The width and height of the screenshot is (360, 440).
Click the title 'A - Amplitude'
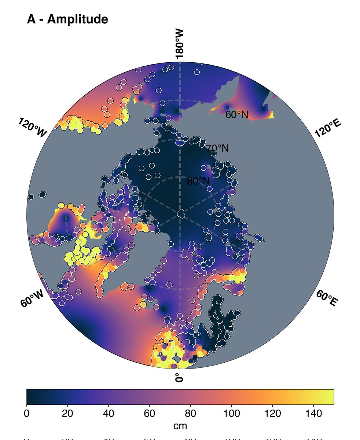point(67,19)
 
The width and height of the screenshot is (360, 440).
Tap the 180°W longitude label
point(179,44)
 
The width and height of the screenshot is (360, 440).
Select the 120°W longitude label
point(32,128)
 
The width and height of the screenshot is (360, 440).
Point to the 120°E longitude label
point(328,128)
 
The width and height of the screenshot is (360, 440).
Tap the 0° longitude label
point(179,378)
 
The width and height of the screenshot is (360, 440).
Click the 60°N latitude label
point(236,115)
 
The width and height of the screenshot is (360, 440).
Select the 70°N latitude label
point(217,148)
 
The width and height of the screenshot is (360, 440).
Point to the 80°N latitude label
point(198,181)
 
